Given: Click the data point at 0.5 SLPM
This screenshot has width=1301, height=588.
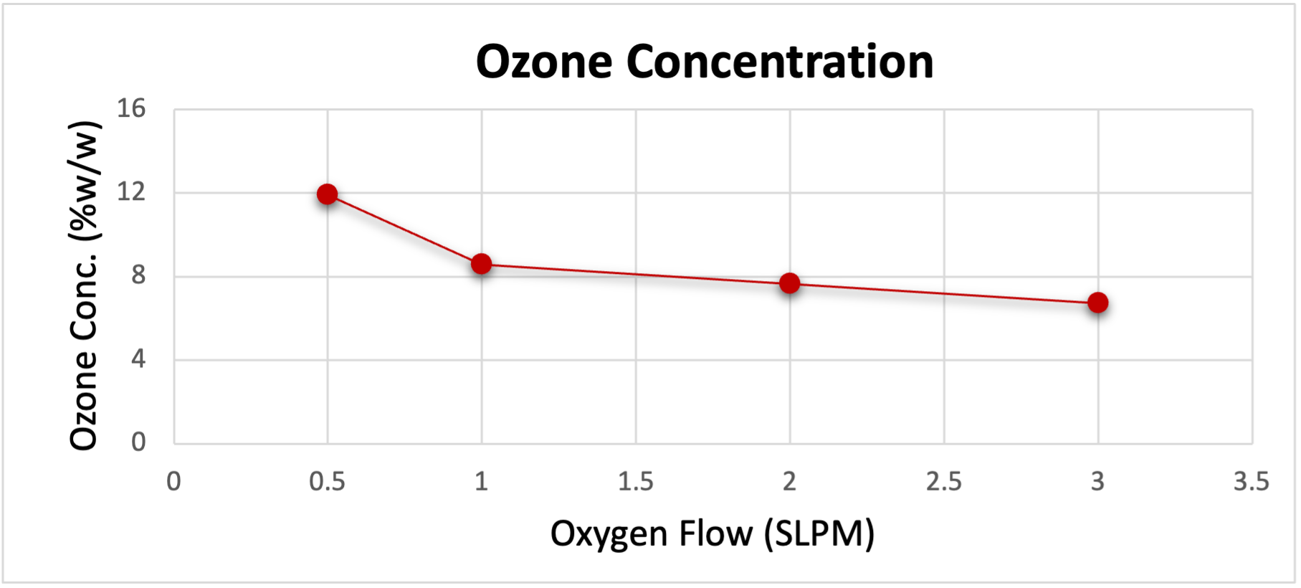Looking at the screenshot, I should (x=328, y=194).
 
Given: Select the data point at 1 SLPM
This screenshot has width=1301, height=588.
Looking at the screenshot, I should (x=482, y=264).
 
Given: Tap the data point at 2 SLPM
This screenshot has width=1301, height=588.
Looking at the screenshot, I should (x=789, y=283).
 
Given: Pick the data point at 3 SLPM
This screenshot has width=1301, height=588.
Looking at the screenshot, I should (x=1097, y=303).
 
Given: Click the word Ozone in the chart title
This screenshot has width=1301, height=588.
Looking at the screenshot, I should (x=544, y=62).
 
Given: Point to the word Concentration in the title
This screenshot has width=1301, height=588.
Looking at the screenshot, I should (x=780, y=62).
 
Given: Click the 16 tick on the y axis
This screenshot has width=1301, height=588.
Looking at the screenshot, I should (x=131, y=108).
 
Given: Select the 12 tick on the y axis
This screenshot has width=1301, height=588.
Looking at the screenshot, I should (x=131, y=191).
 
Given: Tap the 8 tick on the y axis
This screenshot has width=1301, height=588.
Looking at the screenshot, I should (x=138, y=275).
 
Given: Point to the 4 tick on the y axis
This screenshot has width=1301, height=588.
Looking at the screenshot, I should (x=138, y=358).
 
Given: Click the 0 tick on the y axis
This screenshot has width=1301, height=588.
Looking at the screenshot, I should (x=138, y=441).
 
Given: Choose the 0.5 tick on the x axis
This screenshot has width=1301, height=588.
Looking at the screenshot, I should (x=328, y=481).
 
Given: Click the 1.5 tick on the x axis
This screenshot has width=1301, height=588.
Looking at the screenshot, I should (x=636, y=481).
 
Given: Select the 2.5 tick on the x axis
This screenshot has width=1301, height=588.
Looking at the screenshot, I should (x=943, y=481).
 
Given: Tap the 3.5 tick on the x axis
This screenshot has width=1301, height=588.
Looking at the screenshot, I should (x=1251, y=481).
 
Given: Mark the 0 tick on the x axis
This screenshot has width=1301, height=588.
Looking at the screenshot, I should (x=173, y=481).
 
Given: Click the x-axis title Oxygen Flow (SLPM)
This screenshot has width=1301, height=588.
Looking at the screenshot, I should (x=713, y=534).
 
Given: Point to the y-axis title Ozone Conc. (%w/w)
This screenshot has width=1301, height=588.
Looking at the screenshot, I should (x=84, y=285).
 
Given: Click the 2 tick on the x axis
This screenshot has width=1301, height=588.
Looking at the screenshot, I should (x=789, y=481).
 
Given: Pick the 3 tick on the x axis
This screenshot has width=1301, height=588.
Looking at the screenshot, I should (x=1097, y=481).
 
